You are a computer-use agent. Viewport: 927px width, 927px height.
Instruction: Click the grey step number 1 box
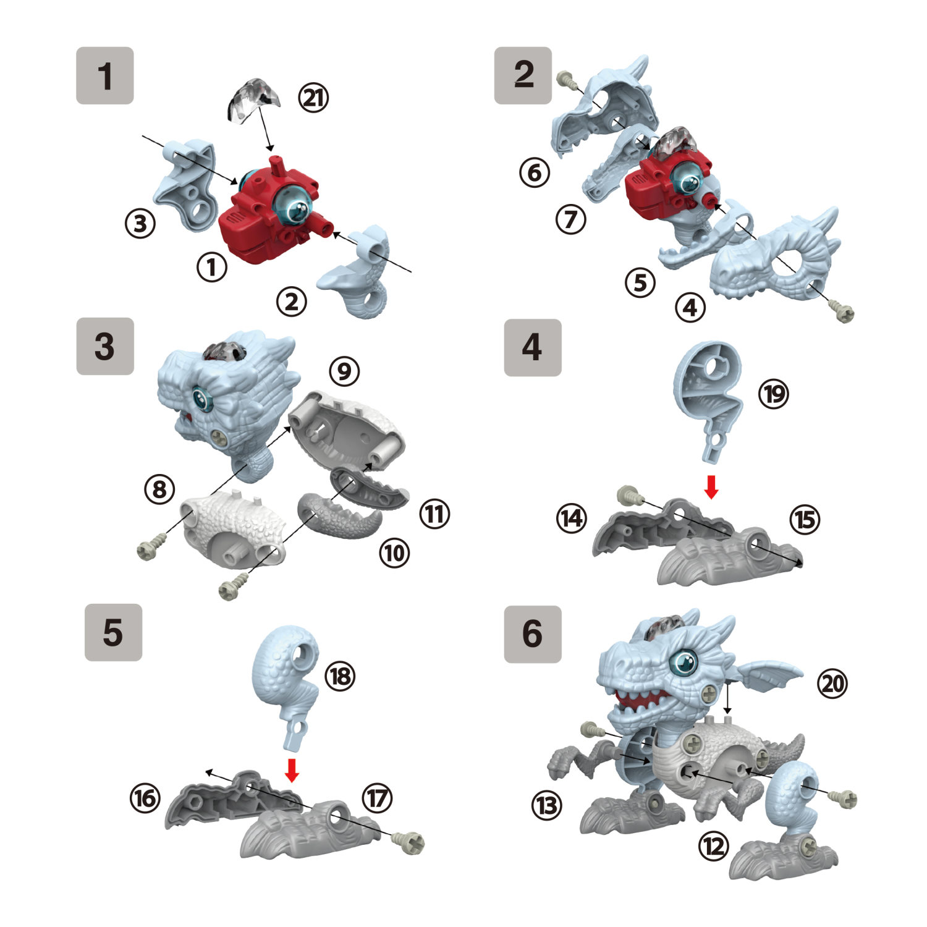tap(105, 75)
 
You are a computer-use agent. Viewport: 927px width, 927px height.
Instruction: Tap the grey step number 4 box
tap(533, 348)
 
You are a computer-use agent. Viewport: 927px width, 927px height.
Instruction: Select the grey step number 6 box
tap(533, 634)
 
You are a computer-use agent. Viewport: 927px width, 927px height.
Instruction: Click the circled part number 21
tap(313, 98)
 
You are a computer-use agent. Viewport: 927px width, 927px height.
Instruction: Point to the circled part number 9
tap(344, 371)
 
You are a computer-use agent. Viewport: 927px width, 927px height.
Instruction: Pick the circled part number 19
tap(774, 393)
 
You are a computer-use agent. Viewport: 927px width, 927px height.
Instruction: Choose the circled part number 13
tap(547, 805)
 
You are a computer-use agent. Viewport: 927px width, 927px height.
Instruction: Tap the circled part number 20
tap(832, 684)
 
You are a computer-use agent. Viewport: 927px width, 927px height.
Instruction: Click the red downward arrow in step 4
tap(711, 487)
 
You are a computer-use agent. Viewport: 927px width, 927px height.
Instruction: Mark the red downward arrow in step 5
tap(292, 770)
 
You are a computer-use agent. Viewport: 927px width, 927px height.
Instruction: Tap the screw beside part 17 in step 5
tap(410, 842)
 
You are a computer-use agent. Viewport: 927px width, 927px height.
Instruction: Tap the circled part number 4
tap(690, 307)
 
